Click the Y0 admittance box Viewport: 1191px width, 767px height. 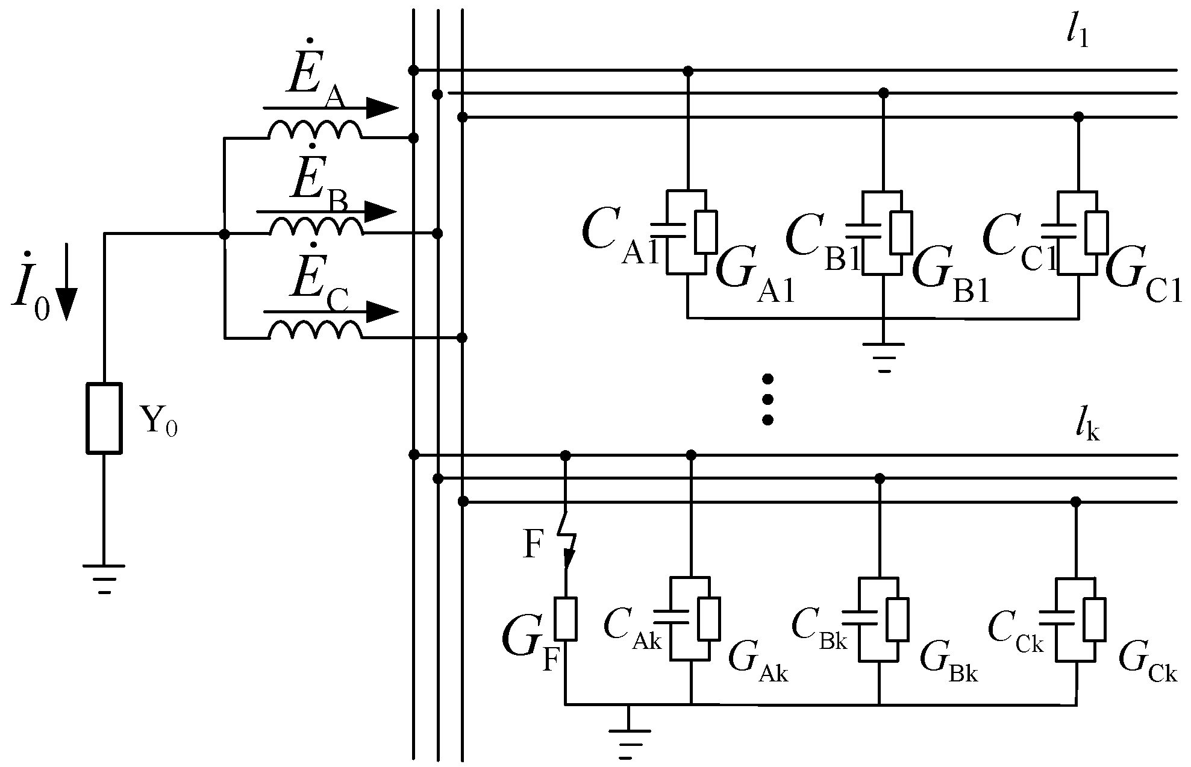pyautogui.click(x=104, y=418)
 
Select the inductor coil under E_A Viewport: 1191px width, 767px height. pyautogui.click(x=314, y=130)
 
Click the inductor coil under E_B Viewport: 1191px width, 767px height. pyautogui.click(x=316, y=227)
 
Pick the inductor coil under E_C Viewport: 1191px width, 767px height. pyautogui.click(x=314, y=331)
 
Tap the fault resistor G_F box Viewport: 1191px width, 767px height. pyautogui.click(x=566, y=618)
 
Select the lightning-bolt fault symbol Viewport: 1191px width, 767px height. pyautogui.click(x=567, y=539)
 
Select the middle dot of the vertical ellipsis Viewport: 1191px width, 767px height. pyautogui.click(x=767, y=399)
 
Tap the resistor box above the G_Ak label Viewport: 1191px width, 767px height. pyautogui.click(x=709, y=619)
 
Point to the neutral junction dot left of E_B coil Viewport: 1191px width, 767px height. pyautogui.click(x=224, y=234)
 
